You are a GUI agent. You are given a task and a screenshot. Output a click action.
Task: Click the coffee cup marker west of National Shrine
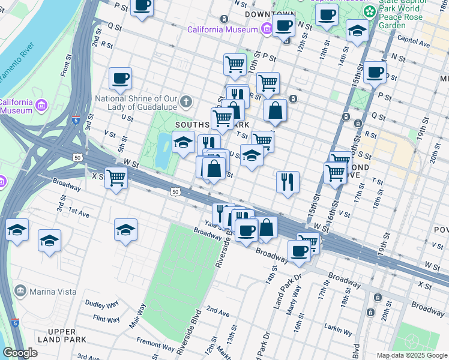120,78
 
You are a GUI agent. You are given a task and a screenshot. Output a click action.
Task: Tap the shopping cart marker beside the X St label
115,178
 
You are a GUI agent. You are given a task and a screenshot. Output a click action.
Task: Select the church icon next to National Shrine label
187,101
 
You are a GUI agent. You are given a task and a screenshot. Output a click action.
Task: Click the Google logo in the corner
20,353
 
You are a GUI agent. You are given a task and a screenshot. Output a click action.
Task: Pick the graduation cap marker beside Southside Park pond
183,142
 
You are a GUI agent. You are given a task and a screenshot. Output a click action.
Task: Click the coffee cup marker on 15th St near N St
375,73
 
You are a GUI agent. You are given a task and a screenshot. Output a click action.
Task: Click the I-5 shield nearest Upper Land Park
14,322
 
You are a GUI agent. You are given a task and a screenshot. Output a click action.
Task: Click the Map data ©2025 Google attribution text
411,355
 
